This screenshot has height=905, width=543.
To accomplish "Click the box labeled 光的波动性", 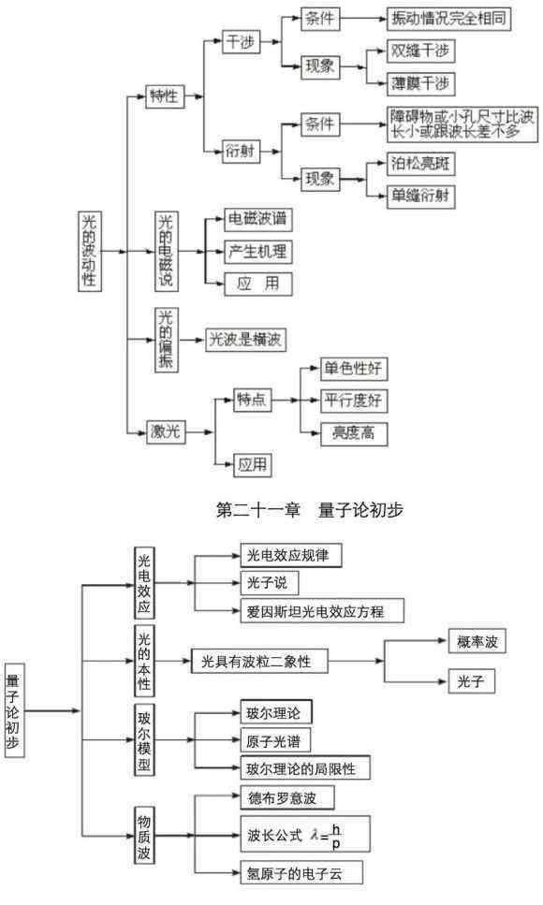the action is click(90, 251).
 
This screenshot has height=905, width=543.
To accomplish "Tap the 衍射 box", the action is click(241, 152).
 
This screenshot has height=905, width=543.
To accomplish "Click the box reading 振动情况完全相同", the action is click(448, 19).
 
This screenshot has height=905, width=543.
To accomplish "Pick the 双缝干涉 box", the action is click(420, 51).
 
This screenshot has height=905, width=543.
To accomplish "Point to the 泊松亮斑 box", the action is click(420, 164).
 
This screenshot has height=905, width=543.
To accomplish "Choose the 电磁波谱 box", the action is click(258, 219).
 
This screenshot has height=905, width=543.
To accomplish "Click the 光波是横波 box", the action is click(245, 340).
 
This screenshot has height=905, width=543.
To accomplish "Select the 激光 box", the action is click(165, 431).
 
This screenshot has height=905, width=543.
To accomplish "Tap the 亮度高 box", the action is click(354, 433).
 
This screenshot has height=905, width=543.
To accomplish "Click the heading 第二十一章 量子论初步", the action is click(310, 510).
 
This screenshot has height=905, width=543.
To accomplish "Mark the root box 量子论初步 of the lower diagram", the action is click(14, 711).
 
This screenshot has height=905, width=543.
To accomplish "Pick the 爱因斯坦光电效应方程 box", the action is click(322, 611).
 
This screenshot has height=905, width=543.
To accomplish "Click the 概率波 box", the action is click(477, 642).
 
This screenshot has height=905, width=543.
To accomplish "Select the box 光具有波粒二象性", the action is click(259, 662).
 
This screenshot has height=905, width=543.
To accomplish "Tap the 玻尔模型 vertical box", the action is click(144, 740).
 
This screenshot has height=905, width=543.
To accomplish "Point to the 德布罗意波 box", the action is click(287, 798).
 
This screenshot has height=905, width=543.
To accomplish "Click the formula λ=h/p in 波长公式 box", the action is click(327, 836).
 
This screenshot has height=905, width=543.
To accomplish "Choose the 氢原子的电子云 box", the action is click(301, 873).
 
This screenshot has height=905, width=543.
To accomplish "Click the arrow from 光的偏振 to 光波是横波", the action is click(191, 340).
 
